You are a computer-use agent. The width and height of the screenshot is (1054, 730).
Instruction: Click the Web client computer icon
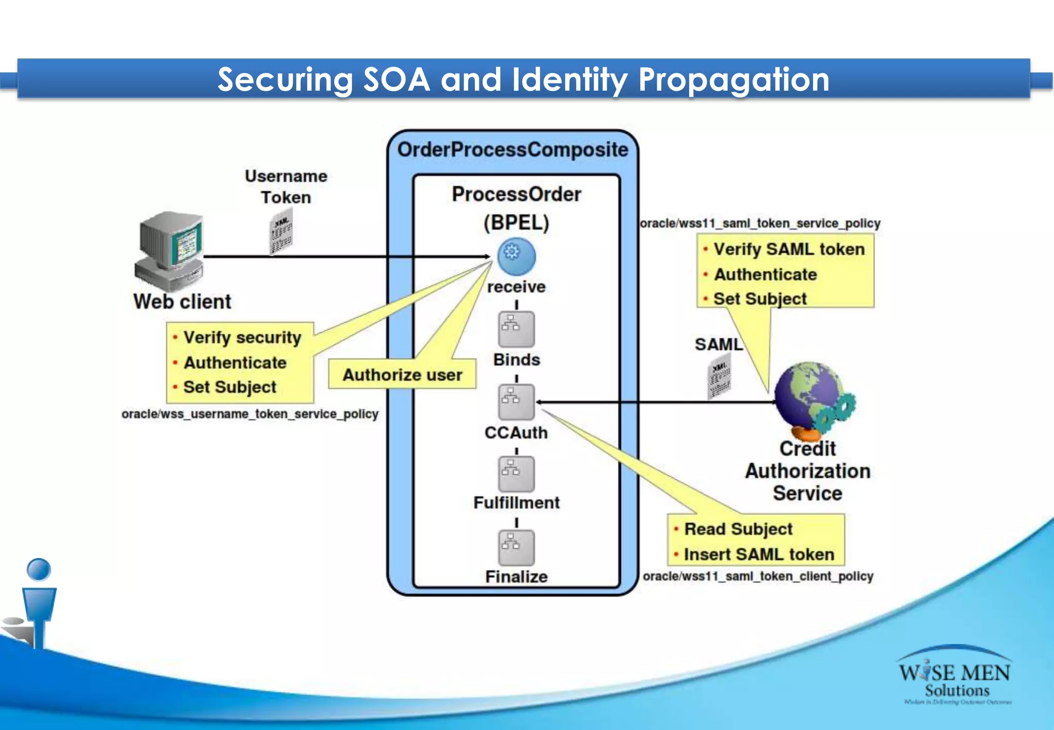tap(170, 250)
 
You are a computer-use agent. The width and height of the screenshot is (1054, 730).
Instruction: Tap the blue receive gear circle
tap(516, 256)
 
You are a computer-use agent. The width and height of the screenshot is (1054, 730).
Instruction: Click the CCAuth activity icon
tap(516, 402)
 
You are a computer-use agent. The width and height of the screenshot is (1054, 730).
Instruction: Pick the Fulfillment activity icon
tap(516, 474)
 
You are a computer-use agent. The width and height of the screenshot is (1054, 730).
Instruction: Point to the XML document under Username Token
tap(282, 234)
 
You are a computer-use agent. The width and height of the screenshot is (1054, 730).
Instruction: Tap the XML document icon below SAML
tap(719, 379)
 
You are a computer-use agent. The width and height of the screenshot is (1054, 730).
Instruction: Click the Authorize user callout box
tap(402, 374)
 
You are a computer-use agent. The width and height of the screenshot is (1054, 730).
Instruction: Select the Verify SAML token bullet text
tap(789, 249)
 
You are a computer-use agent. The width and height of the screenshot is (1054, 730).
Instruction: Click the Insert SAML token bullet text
tap(759, 554)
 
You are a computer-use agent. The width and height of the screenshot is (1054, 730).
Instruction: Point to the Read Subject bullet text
tap(739, 529)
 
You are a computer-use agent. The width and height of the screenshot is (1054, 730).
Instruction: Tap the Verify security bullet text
tap(242, 337)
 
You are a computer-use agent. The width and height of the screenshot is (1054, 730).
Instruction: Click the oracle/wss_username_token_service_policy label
tap(250, 414)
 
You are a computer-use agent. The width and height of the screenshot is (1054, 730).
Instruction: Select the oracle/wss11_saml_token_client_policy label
tap(758, 576)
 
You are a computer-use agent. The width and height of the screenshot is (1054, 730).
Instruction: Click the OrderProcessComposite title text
tap(513, 150)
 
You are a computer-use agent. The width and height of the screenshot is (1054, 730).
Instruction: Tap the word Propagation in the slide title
tap(733, 80)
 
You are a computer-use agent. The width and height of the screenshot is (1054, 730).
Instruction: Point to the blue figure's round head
tap(39, 569)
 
